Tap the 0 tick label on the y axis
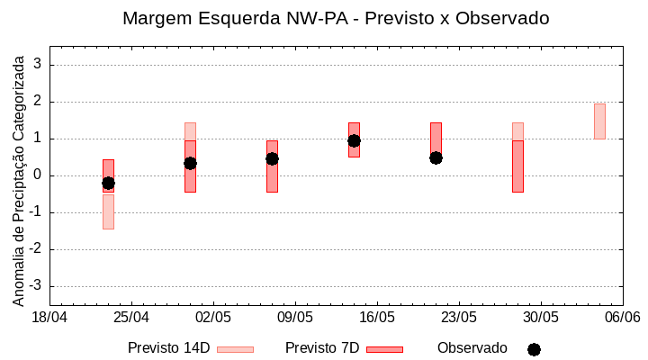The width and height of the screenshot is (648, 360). pos(38,175)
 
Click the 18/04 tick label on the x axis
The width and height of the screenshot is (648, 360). pos(49,318)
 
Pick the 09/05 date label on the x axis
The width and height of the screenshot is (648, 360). pos(295,318)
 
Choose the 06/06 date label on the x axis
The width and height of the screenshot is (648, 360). pos(623,318)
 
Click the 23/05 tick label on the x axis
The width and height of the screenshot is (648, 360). pos(459,318)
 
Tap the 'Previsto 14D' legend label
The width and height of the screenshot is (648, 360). pos(168,348)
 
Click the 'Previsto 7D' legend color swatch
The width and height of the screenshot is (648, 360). pos(384,349)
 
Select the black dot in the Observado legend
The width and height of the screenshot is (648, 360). pos(534,349)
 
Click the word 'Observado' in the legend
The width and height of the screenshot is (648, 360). pos(472,348)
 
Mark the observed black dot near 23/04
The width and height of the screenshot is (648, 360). pos(108,183)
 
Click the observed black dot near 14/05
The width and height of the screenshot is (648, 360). pos(354,140)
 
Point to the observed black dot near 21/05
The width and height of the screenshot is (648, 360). pos(436,157)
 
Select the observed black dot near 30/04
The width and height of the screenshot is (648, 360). pos(190,163)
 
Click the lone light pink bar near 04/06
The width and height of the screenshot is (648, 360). pos(599,121)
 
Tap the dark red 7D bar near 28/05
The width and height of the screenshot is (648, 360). pos(517,166)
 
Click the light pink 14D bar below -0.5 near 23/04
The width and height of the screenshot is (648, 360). pos(108,211)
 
